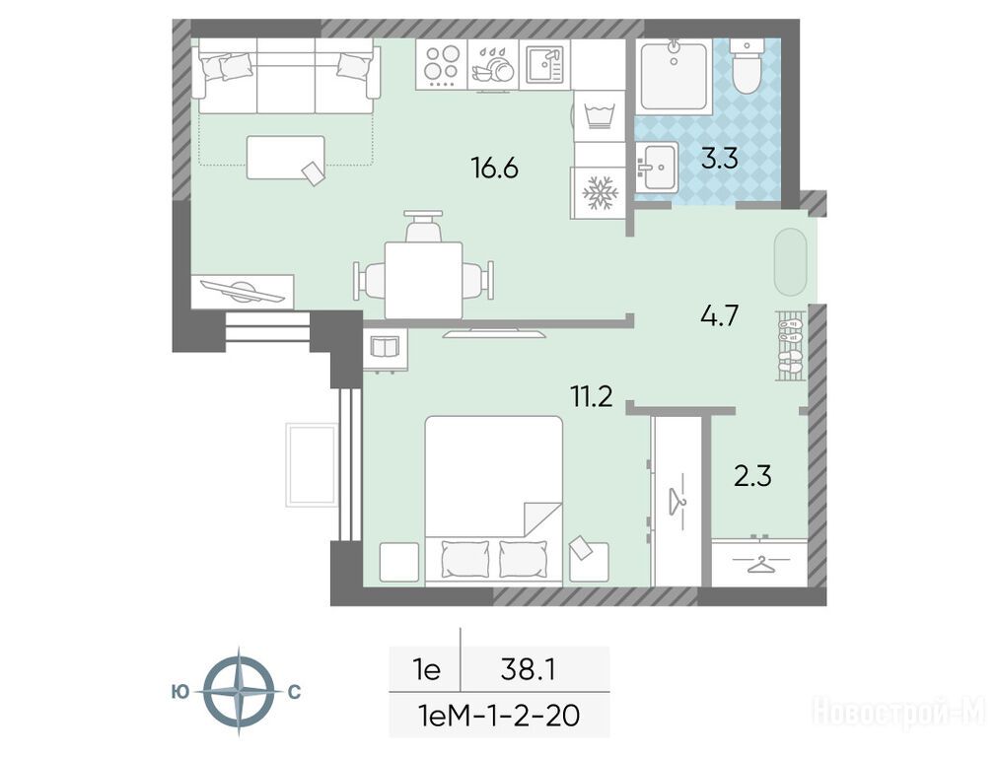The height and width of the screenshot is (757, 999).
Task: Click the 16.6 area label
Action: pos(494,169)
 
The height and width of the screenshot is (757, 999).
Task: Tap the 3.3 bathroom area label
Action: pos(719,159)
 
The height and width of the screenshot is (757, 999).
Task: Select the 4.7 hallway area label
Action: pos(719,315)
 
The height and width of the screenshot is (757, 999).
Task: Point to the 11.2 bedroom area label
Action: pos(592,396)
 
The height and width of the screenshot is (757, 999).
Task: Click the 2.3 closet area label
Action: pos(752,476)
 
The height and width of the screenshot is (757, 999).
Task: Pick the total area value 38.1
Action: pos(529,670)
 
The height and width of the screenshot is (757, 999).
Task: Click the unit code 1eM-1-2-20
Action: pos(497,716)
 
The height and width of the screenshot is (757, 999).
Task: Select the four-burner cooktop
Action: pos(442,64)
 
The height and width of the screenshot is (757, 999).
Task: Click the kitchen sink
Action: pos(544,64)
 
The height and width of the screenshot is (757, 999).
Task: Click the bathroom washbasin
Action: pos(657,167)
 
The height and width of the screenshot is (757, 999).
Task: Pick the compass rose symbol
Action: pos(239,692)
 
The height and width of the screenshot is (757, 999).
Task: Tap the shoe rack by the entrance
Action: pos(791,346)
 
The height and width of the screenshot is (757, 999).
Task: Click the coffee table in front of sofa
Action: pos(285,158)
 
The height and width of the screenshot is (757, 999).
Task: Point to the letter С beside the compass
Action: pos(294,692)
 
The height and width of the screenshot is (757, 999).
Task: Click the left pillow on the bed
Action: pos(465,558)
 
